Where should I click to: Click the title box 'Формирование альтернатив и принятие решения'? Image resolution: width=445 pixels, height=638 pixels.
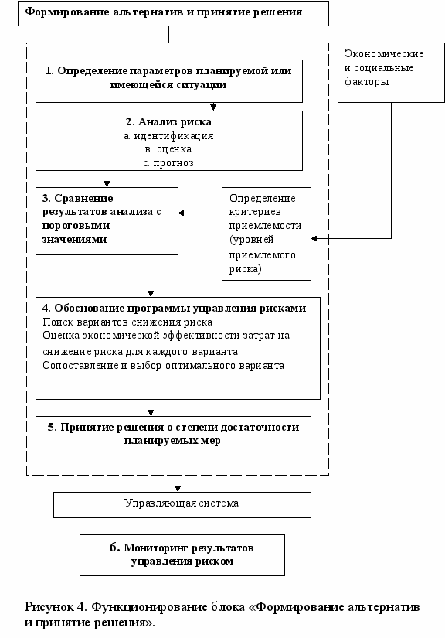(173, 13)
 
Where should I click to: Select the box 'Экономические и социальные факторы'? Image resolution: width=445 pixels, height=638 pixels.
(391, 73)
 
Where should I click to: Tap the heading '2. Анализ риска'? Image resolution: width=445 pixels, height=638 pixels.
(168, 121)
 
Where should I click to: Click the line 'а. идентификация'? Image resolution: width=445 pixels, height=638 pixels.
(168, 136)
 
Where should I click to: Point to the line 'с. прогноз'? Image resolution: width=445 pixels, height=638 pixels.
(168, 163)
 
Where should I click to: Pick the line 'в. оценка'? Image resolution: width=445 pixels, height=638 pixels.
(168, 149)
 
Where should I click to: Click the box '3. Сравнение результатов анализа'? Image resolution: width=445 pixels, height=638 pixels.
(107, 221)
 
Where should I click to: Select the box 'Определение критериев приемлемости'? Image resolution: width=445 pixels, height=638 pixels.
(267, 234)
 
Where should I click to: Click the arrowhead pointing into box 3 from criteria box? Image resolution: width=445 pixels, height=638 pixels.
(182, 213)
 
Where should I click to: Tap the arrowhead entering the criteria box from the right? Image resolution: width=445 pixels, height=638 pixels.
(314, 238)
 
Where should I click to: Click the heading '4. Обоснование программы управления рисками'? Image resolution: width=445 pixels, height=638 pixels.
(175, 308)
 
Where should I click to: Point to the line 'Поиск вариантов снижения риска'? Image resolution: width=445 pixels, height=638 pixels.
(127, 322)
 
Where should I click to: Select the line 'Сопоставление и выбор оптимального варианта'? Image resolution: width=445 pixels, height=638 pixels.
(163, 365)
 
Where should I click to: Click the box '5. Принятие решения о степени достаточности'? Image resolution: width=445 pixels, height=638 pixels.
(174, 438)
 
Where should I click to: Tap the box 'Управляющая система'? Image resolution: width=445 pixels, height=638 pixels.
(182, 504)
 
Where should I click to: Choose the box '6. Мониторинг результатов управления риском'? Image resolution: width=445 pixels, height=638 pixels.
(182, 555)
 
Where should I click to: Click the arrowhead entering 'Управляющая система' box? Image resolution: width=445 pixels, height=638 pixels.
(178, 489)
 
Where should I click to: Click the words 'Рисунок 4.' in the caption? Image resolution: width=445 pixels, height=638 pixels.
(56, 606)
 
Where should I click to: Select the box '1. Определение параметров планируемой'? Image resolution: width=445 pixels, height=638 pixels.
(169, 81)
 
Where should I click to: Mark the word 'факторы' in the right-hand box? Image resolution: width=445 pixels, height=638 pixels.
(366, 82)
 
